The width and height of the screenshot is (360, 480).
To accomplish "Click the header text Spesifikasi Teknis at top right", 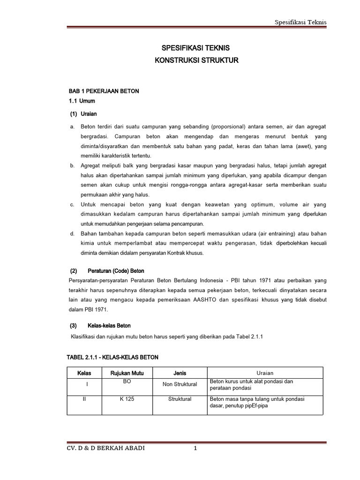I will click(300, 22).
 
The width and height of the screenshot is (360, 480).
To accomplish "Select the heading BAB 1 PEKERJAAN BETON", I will click(104, 91).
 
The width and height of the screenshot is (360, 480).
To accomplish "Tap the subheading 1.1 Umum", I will click(82, 101).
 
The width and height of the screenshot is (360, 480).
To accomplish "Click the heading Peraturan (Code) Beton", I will click(116, 271).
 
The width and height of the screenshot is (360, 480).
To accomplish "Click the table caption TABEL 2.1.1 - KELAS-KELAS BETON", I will click(113, 357).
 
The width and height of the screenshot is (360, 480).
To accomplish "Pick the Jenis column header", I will click(180, 373).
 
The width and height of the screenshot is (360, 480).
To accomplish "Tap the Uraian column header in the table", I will click(265, 373).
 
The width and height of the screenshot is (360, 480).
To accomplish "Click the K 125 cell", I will click(127, 399).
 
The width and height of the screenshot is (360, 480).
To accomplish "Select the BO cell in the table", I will click(127, 382).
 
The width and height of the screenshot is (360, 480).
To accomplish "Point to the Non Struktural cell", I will click(180, 384).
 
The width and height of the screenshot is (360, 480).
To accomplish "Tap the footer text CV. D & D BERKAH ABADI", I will click(106, 449).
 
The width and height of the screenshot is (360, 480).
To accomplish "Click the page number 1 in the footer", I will click(196, 449).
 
